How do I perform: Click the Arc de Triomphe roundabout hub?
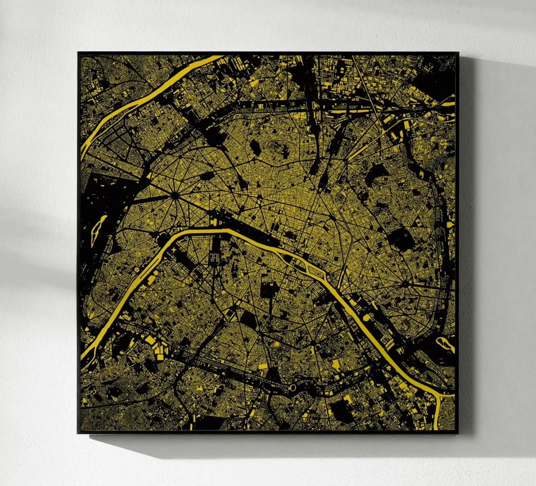click(x=175, y=196)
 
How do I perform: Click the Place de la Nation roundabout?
click(x=405, y=284)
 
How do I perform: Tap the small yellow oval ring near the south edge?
click(x=293, y=388)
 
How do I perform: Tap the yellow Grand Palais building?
click(x=213, y=222)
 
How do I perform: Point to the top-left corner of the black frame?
click(x=78, y=52)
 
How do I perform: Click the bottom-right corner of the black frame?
click(x=458, y=433)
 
